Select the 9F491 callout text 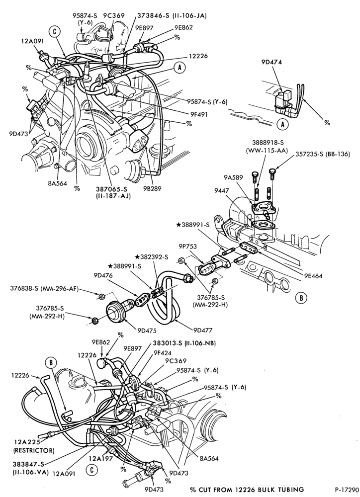[199, 114]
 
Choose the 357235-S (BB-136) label [323, 155]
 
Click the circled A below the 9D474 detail [282, 125]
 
